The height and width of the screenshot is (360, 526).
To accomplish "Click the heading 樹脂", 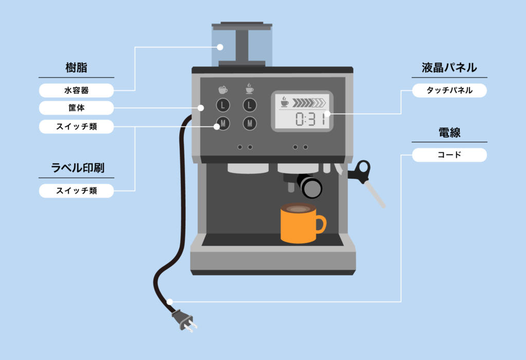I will tap(76, 67).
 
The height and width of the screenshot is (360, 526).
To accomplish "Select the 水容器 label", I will tap(76, 90).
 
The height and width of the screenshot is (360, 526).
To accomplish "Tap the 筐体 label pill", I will tap(76, 108).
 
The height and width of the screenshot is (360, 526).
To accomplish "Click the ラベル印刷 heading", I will tap(76, 167).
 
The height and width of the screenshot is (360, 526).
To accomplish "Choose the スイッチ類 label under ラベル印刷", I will tap(76, 191).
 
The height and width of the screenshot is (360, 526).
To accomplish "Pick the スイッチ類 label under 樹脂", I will tap(76, 126).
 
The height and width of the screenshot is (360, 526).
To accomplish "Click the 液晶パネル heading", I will tap(449, 67).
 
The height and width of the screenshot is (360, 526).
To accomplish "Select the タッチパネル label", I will tap(449, 90).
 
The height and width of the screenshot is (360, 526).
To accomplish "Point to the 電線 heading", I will tap(449, 132).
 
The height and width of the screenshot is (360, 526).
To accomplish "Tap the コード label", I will tap(449, 155).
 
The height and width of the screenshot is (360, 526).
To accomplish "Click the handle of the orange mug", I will tap(321, 224).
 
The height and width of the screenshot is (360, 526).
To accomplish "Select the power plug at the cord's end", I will tap(184, 319).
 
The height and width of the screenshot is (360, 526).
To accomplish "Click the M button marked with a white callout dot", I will tap(222, 123).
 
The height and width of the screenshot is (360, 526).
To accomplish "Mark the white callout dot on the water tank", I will tap(220, 47).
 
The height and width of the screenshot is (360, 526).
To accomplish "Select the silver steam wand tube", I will tap(375, 196).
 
